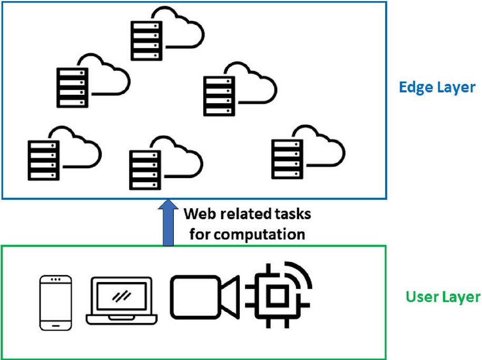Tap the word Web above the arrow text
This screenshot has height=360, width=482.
pyautogui.click(x=197, y=215)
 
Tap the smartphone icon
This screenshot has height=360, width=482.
pyautogui.click(x=56, y=303)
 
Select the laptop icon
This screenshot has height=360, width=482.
pyautogui.click(x=122, y=301)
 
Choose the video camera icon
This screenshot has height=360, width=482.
pyautogui.click(x=204, y=297)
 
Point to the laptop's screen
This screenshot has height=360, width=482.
pyautogui.click(x=122, y=296)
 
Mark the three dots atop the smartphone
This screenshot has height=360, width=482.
pyautogui.click(x=56, y=279)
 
